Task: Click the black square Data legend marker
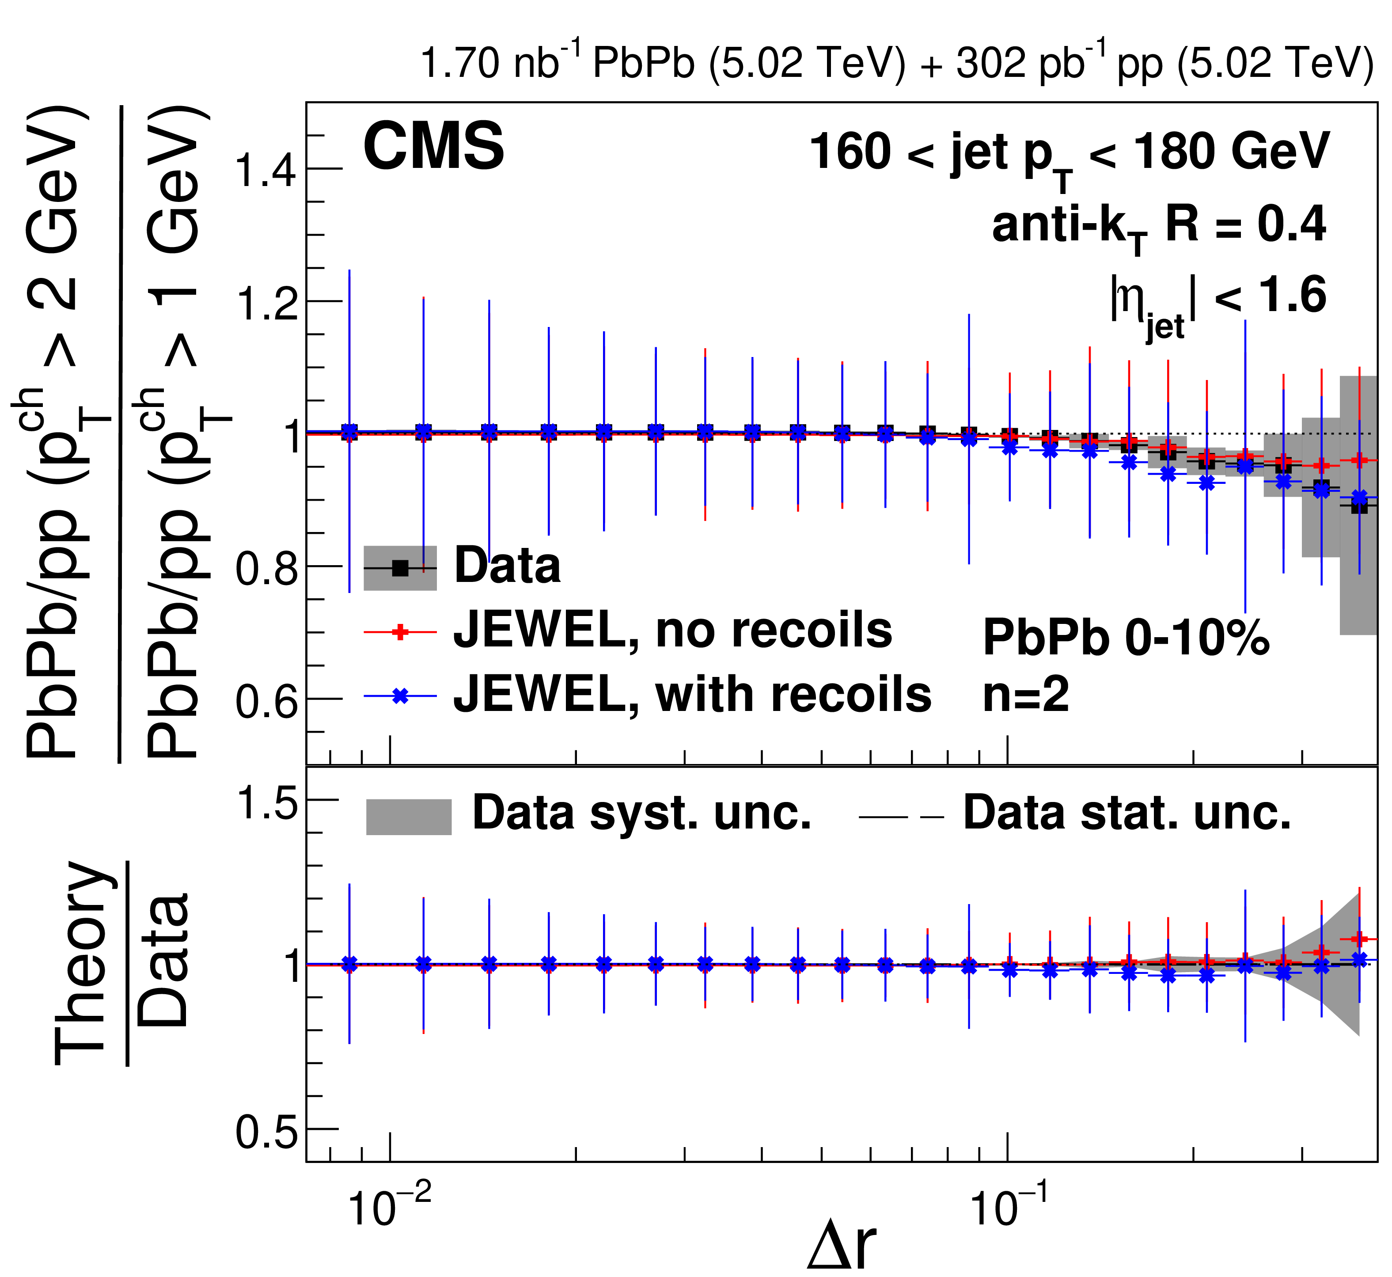[x=400, y=568]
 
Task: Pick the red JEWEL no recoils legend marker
[x=400, y=631]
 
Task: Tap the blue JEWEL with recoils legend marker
[x=400, y=696]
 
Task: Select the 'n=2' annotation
[x=1026, y=695]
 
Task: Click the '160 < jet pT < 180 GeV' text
[x=1070, y=153]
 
